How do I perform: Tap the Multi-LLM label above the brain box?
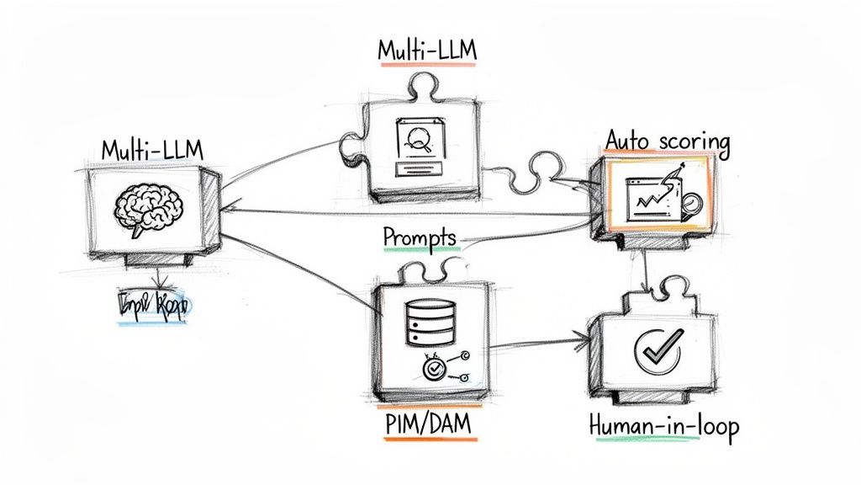coord(151,149)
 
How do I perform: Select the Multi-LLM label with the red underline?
coord(427,51)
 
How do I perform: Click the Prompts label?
coord(420,237)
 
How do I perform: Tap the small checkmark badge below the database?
coord(435,367)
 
